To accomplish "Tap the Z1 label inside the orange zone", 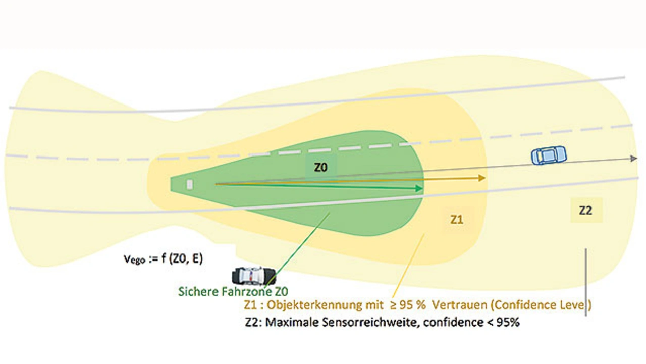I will coord(457,220).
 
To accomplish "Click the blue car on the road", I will coord(549,154).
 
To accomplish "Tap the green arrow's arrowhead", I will coord(418,188).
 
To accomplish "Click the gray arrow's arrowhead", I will coord(633,159).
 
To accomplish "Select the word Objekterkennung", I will coord(312,305).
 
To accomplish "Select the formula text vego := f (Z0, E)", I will coord(164,259).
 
